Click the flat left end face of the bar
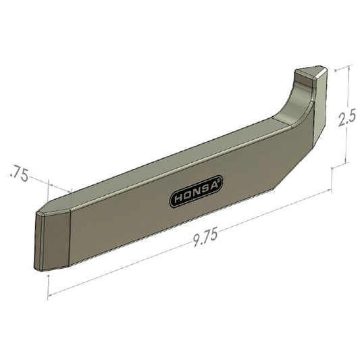[51, 240]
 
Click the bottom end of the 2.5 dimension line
[346, 163]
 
